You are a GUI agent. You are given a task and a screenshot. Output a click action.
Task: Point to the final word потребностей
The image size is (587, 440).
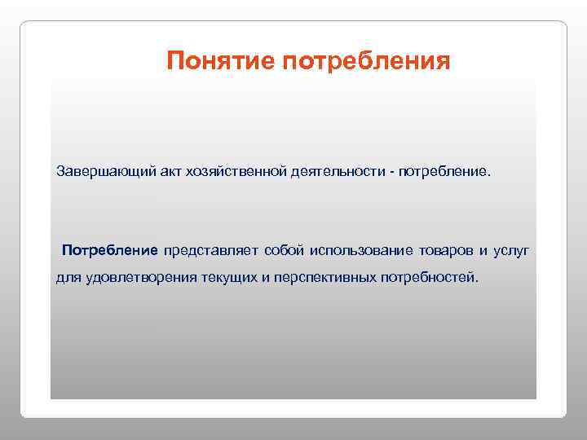point(430,278)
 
